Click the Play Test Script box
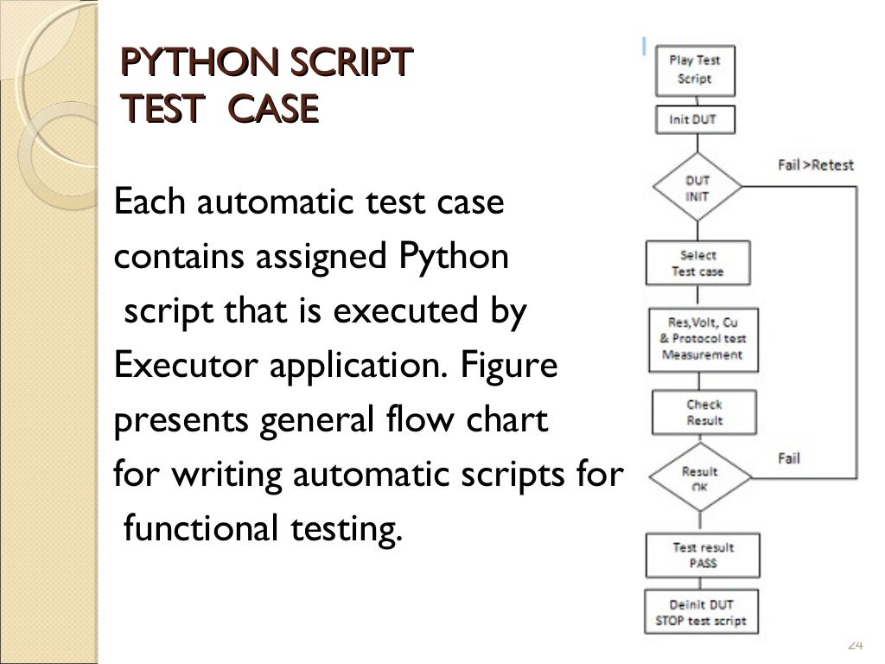tap(694, 70)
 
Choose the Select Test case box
tap(697, 263)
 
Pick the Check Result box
tap(704, 412)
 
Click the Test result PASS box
tap(702, 555)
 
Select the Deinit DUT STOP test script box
tap(702, 612)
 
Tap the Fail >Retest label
tap(815, 164)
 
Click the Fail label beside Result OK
tap(788, 457)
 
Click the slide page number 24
tap(856, 644)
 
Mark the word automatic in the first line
tap(267, 204)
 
